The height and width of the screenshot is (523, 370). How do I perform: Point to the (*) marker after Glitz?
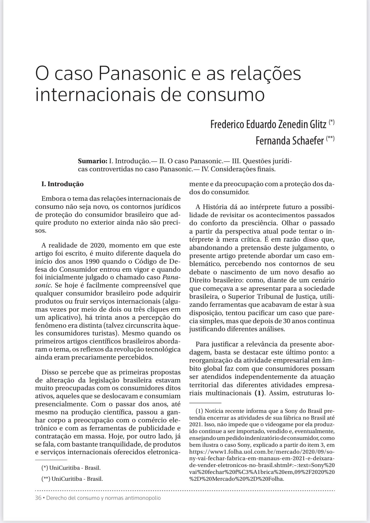pos(332,122)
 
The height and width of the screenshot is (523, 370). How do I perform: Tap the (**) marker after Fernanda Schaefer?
pos(330,138)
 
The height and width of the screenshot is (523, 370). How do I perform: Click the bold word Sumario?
pos(92,161)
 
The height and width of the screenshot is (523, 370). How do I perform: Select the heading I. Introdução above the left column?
pos(63,184)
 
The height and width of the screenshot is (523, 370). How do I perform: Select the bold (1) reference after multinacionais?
pos(260,393)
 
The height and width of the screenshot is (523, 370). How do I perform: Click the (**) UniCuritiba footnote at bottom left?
pos(73,479)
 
